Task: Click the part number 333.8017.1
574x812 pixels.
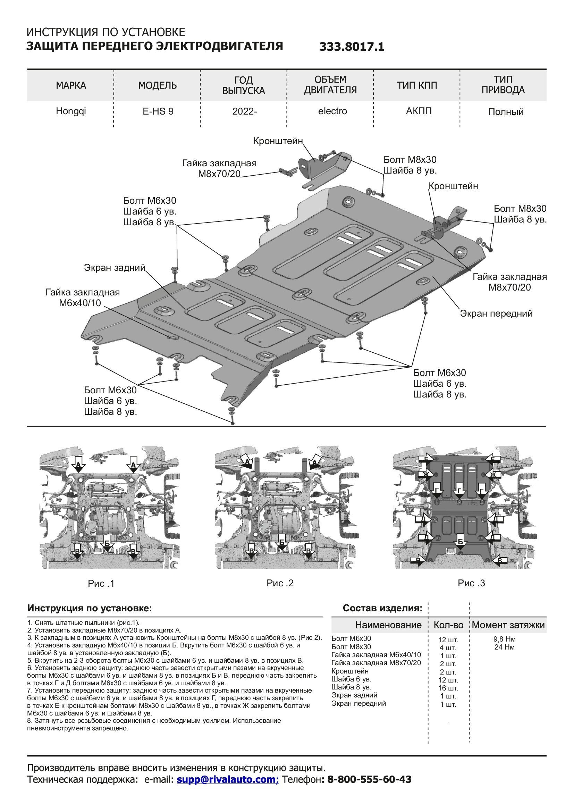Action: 351,47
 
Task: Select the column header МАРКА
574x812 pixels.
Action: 71,85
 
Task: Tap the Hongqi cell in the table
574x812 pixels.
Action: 71,111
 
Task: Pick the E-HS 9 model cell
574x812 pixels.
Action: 158,111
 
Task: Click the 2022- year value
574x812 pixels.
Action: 244,111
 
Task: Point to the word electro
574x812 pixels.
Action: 332,111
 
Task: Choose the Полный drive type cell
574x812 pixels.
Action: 505,112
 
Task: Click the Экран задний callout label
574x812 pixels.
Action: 115,267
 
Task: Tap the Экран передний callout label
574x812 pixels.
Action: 496,313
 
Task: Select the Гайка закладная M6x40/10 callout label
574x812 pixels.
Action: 82,298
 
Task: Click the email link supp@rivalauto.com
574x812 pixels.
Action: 228,779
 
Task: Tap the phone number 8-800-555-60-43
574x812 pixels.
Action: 369,779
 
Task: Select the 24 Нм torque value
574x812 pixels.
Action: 504,647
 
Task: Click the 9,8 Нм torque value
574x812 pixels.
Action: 504,639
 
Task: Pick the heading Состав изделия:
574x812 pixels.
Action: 382,608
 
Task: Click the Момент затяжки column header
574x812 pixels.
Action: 508,625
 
